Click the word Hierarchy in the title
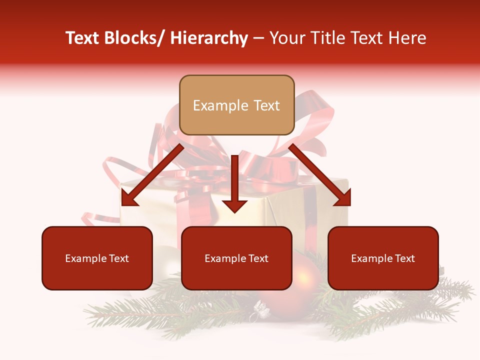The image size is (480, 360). (x=209, y=38)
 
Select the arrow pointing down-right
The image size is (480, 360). (x=320, y=175)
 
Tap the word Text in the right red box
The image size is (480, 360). (x=405, y=258)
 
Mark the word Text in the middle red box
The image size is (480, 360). (x=258, y=258)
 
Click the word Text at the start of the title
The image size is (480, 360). (x=83, y=38)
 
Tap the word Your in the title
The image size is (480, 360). (x=287, y=38)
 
